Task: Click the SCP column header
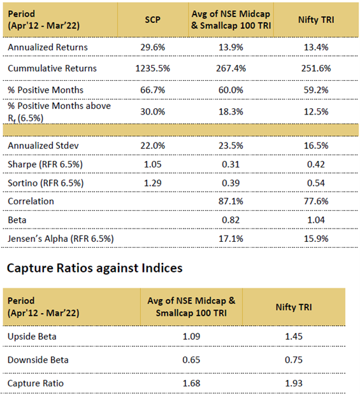tap(152, 20)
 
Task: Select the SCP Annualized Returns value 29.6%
tap(152, 47)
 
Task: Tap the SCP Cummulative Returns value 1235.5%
tap(152, 68)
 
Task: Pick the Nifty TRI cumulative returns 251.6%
tap(316, 68)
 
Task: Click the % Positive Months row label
tap(45, 90)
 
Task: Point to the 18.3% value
tap(231, 111)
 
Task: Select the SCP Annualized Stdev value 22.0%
tap(152, 146)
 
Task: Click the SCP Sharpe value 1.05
tap(152, 164)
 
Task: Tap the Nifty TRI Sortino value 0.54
tap(316, 183)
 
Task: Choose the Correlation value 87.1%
tap(231, 201)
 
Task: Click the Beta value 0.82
tap(231, 220)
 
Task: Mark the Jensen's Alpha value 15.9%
tap(316, 239)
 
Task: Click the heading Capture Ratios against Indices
tap(94, 268)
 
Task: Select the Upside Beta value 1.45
tap(294, 337)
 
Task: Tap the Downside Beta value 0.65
tap(191, 360)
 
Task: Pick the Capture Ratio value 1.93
tap(294, 383)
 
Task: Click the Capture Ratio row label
tap(36, 383)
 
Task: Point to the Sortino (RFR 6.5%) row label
tap(45, 183)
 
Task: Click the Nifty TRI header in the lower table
tap(294, 307)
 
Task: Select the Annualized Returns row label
tap(48, 47)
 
